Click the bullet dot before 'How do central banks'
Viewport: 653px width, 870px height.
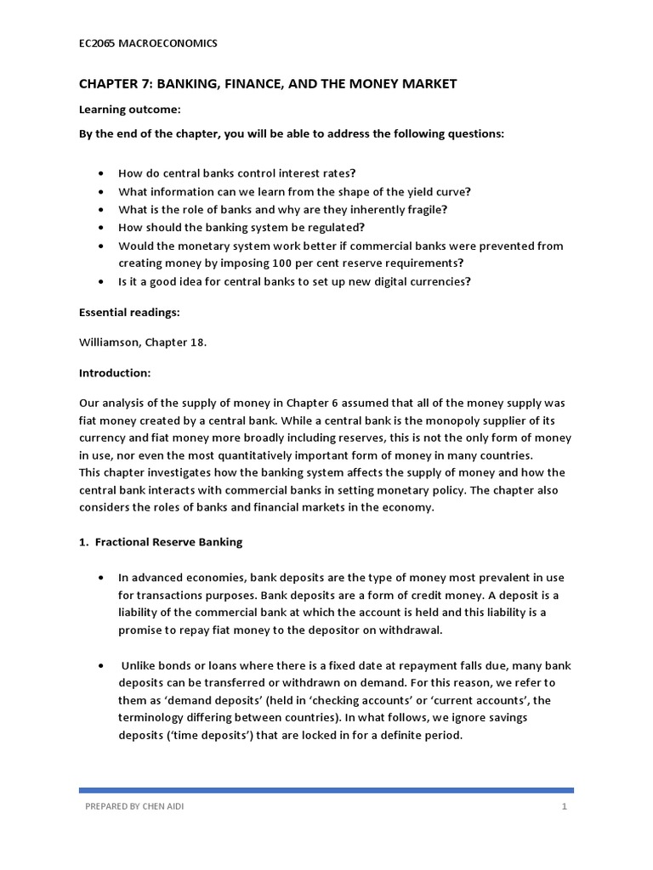pyautogui.click(x=102, y=173)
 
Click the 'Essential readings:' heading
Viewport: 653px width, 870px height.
pyautogui.click(x=129, y=312)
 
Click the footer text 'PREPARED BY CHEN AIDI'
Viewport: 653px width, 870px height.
pyautogui.click(x=134, y=806)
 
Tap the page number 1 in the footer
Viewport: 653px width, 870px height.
pyautogui.click(x=564, y=806)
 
